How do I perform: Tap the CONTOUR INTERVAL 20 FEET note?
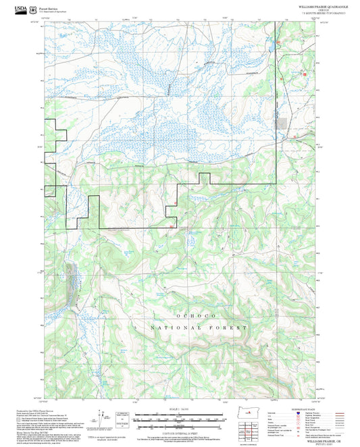pos(179,432)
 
